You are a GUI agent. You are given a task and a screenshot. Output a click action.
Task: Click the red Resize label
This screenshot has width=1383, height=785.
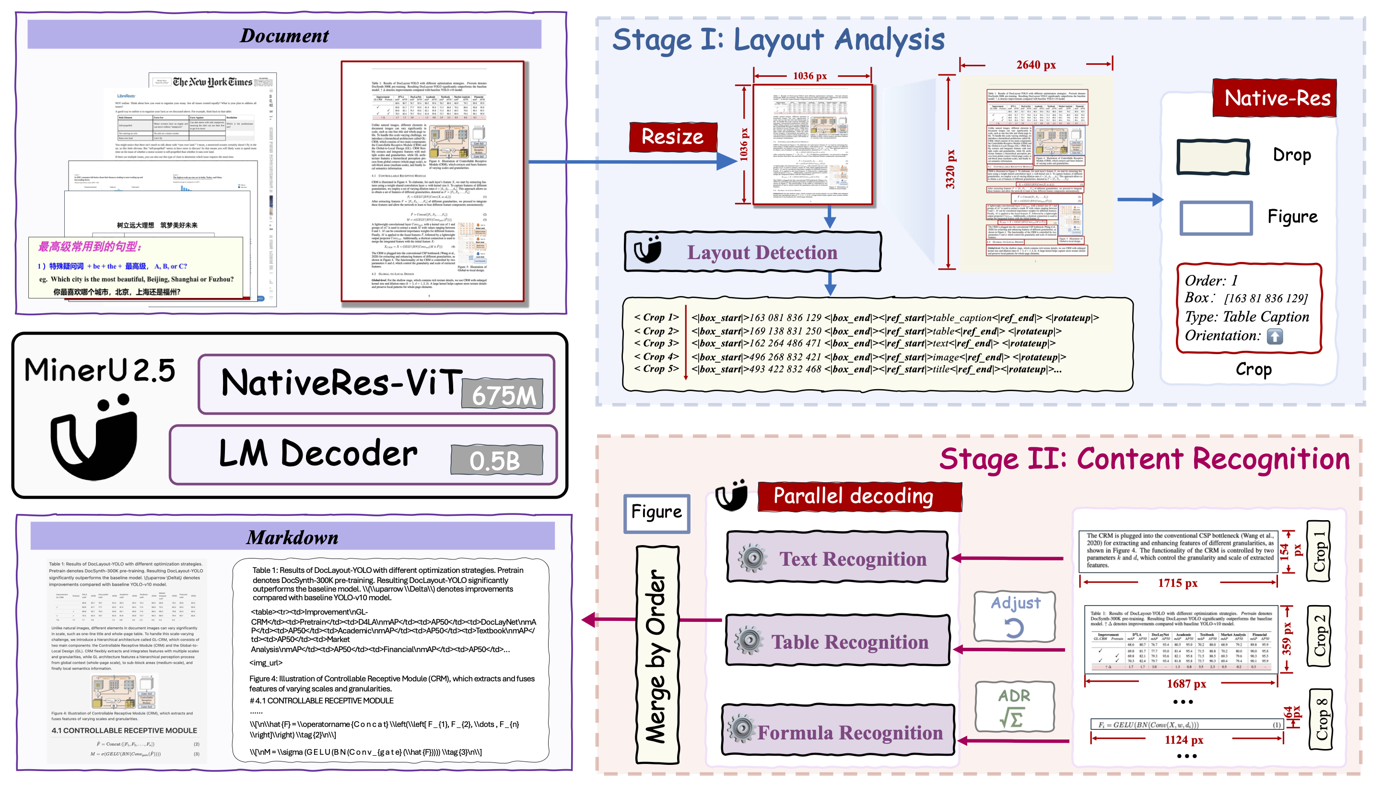pyautogui.click(x=672, y=136)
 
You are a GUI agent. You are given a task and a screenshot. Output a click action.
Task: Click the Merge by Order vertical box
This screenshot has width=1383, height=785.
pyautogui.click(x=657, y=654)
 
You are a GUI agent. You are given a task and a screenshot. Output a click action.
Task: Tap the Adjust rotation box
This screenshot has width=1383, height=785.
pyautogui.click(x=1015, y=617)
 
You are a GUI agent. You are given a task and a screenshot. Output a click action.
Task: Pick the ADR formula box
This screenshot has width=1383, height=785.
pyautogui.click(x=1015, y=707)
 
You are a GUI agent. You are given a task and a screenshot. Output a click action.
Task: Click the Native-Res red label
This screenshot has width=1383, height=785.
pyautogui.click(x=1275, y=98)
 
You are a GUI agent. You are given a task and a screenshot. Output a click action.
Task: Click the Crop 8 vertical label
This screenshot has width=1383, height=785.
pyautogui.click(x=1320, y=719)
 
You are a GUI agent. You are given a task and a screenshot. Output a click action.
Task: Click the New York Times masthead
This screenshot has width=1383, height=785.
pyautogui.click(x=212, y=82)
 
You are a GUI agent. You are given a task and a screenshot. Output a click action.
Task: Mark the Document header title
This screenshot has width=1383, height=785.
pyautogui.click(x=284, y=36)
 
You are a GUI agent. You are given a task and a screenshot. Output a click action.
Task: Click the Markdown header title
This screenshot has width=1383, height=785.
pyautogui.click(x=292, y=537)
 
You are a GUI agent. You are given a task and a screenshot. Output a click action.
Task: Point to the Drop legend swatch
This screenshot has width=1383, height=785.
pyautogui.click(x=1213, y=157)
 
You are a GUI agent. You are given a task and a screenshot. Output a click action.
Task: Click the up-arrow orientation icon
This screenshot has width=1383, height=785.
pyautogui.click(x=1274, y=336)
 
